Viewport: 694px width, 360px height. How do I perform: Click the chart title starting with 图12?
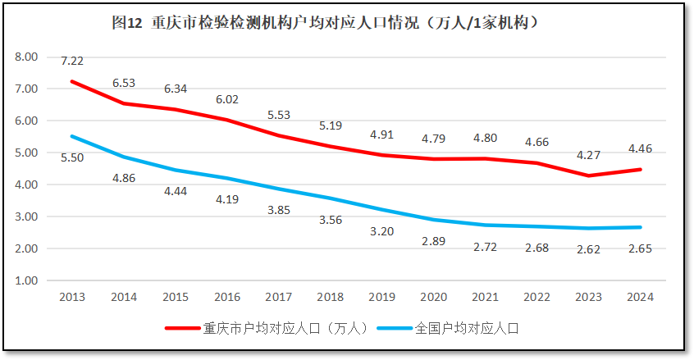coord(326,24)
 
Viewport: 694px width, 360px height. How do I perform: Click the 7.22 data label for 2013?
coord(72,62)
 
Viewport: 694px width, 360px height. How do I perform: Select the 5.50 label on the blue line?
coord(72,157)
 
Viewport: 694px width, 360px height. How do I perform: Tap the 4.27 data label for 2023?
coord(587,154)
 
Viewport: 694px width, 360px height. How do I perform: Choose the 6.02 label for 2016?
coord(227,99)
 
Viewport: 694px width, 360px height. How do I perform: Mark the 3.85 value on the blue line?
coord(279,210)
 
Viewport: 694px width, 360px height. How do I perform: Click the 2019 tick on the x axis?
coord(381,297)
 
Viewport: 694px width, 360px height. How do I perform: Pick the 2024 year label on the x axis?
coord(639,297)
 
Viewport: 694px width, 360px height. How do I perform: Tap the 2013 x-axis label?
coord(72,297)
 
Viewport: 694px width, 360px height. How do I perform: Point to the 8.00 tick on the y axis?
coord(26,57)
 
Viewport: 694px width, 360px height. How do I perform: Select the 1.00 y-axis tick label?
coord(26,280)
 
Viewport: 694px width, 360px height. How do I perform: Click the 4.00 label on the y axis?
coord(26,185)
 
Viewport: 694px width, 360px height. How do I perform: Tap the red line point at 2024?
coord(639,170)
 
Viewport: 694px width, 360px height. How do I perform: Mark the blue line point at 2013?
coord(72,136)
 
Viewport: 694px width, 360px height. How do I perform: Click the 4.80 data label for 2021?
coord(485,138)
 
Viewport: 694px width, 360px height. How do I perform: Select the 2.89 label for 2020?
coord(433,240)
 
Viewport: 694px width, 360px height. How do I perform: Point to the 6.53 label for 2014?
coord(124,83)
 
